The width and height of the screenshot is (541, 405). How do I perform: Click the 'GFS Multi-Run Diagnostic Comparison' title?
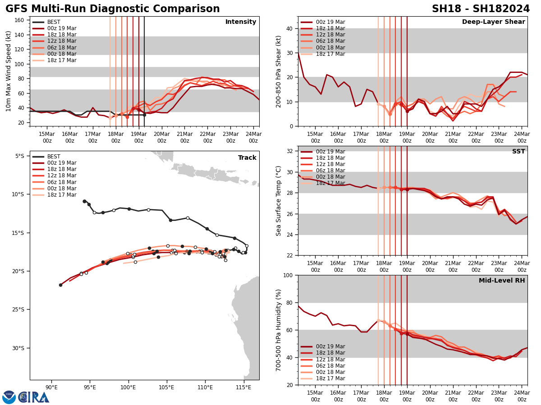(x=113, y=9)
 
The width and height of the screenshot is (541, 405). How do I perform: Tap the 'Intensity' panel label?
(x=241, y=22)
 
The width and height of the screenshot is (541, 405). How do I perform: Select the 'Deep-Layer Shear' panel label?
(x=493, y=22)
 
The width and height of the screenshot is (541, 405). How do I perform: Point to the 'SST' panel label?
(x=518, y=152)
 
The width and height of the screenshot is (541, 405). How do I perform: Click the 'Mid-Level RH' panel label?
(x=502, y=281)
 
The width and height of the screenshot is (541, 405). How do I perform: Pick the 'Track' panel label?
(x=247, y=158)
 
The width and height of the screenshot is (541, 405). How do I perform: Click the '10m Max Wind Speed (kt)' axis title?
(x=9, y=71)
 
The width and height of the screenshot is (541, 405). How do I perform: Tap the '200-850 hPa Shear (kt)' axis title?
(x=279, y=71)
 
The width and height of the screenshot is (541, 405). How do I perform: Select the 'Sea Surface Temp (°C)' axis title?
(x=279, y=201)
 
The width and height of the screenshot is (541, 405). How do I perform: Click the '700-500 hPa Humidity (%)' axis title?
(x=279, y=330)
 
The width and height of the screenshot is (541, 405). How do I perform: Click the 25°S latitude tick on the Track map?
(x=20, y=310)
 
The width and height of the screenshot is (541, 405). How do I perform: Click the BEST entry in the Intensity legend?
(x=54, y=22)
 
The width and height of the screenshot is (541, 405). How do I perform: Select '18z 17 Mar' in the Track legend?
(x=62, y=195)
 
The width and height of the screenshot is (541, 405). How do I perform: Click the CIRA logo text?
(x=34, y=397)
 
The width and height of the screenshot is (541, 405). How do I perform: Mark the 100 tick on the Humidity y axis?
(x=289, y=275)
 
